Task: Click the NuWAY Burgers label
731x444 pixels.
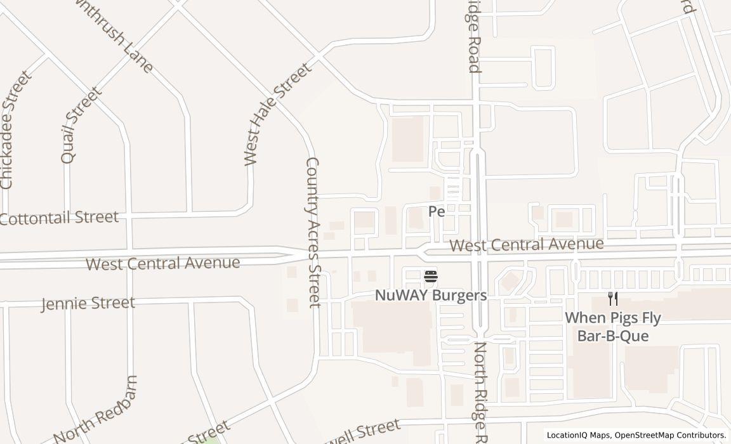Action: click(x=431, y=296)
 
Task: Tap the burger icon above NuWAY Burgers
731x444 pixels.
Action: click(x=431, y=277)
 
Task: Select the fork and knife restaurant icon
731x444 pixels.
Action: click(x=613, y=299)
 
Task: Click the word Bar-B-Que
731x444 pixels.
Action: click(x=613, y=336)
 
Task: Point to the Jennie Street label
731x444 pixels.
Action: click(x=88, y=303)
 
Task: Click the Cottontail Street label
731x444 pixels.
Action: click(x=59, y=218)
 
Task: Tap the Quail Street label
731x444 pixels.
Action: click(x=81, y=126)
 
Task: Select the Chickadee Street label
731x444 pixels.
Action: click(x=15, y=131)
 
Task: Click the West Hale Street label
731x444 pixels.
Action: click(x=278, y=114)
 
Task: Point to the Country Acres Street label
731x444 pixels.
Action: click(x=313, y=232)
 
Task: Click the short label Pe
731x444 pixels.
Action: click(x=437, y=211)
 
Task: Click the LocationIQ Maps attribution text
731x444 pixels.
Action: click(x=578, y=435)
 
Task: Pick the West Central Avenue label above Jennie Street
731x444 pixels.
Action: click(x=163, y=263)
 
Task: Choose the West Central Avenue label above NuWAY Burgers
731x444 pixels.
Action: click(x=527, y=244)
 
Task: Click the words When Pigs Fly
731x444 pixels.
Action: click(x=613, y=318)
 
